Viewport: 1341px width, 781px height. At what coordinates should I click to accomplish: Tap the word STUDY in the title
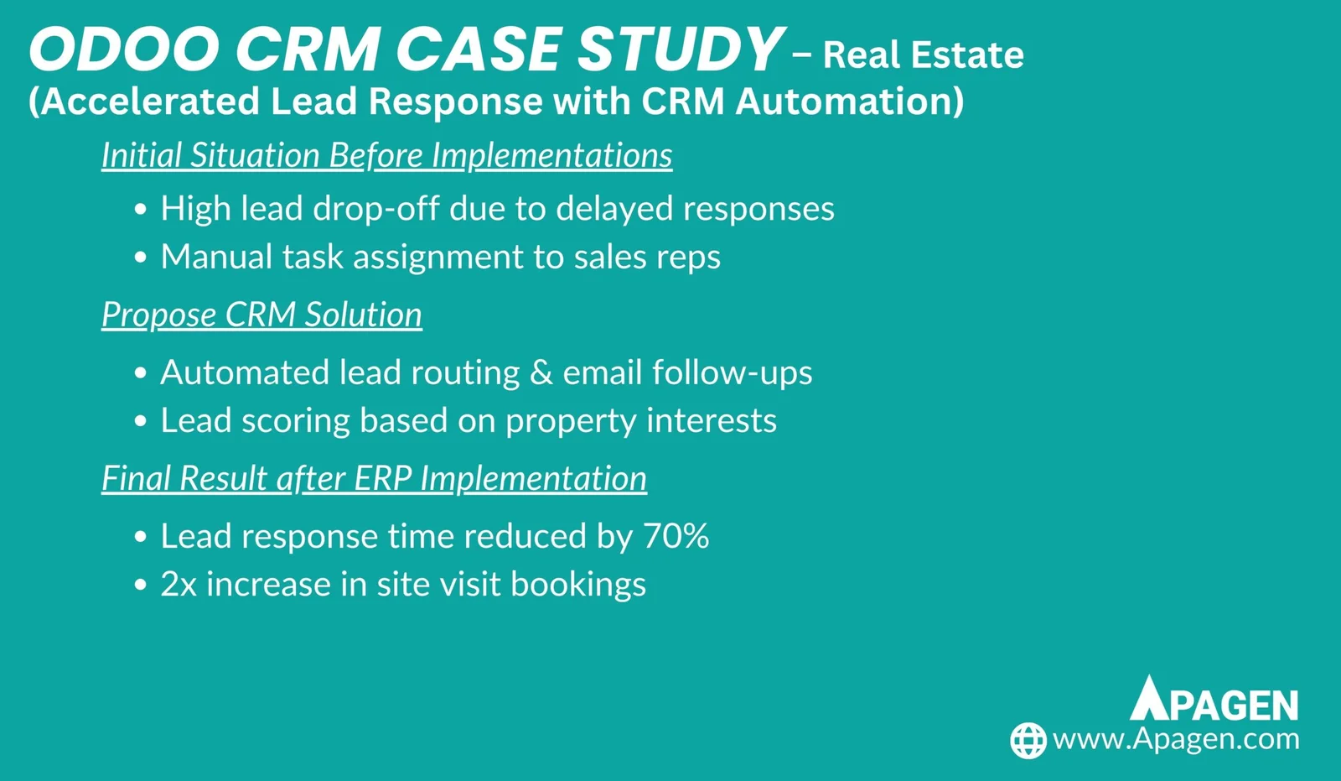pos(680,49)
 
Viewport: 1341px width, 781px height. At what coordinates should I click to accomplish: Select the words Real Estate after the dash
pos(923,55)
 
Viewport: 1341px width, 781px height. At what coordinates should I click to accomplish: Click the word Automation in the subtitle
pos(850,101)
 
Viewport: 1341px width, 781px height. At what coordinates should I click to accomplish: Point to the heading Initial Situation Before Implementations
pos(386,155)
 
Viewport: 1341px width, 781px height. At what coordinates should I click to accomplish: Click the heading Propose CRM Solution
pos(261,315)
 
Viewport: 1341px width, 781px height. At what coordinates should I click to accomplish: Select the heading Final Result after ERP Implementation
pos(374,478)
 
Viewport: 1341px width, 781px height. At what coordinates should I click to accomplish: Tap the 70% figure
pos(676,535)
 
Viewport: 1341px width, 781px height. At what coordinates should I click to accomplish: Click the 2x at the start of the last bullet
pos(179,584)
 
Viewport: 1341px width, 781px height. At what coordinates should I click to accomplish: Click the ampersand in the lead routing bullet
pos(541,372)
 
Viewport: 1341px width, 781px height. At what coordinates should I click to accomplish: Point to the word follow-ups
pos(733,372)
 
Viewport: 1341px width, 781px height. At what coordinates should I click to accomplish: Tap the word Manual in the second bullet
pos(217,257)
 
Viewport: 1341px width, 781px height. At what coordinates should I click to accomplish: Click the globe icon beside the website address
pos(1028,740)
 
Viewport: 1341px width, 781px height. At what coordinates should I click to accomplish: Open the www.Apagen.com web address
pos(1176,740)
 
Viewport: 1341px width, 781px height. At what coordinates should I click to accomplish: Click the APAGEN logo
pos(1214,698)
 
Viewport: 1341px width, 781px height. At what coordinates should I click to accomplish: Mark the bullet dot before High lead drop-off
pos(141,209)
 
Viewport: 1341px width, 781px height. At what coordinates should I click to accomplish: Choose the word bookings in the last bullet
pos(578,585)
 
